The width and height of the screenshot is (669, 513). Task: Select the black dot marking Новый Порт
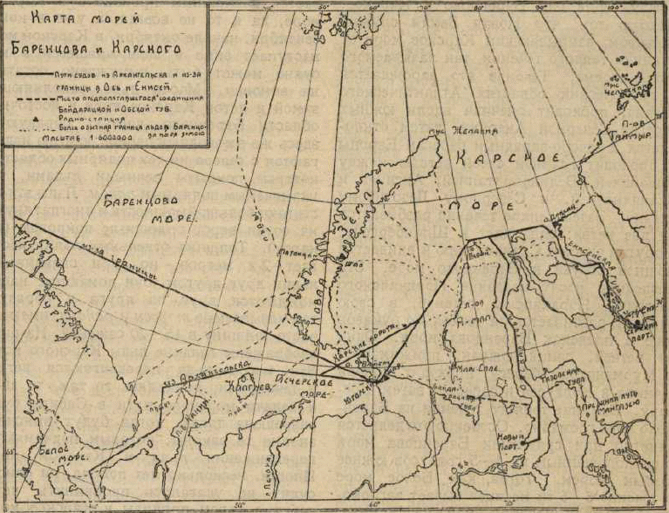click(527, 445)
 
